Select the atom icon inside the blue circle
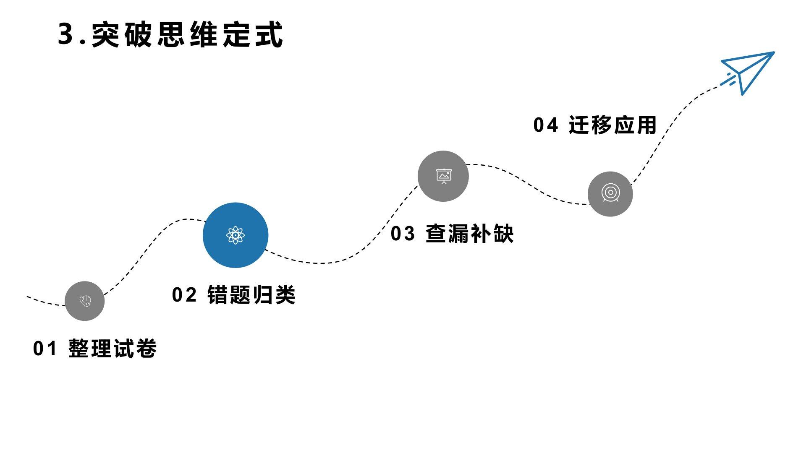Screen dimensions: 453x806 (236, 235)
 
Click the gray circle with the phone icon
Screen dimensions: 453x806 (85, 301)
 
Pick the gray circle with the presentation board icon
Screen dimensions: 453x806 (443, 176)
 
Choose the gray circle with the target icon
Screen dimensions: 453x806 (610, 194)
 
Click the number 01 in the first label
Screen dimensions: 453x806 (44, 349)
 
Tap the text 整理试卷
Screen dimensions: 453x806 (113, 349)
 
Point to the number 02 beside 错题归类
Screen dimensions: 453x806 (184, 295)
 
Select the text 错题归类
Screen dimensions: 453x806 (251, 294)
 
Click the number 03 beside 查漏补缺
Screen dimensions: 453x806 (403, 234)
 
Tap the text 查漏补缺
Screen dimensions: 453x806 (470, 234)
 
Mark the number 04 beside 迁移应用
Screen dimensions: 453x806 (545, 125)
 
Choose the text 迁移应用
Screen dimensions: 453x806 (612, 125)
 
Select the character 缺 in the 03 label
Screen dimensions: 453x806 (503, 234)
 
